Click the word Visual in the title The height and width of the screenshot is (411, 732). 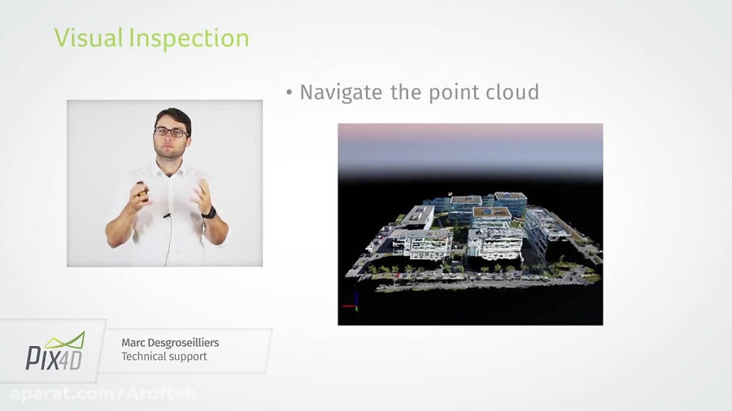coord(87,38)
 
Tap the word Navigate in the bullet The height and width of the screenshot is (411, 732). coord(342,93)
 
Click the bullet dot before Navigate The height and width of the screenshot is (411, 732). coord(289,93)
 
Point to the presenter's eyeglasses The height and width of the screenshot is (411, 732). coord(172,132)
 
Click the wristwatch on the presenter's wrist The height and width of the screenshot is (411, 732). coord(209,213)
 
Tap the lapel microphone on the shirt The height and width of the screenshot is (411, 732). coord(166,216)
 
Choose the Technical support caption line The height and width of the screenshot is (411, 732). coord(164,357)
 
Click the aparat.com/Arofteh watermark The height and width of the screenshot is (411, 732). coord(103,394)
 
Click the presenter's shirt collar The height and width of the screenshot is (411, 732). coord(173,167)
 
